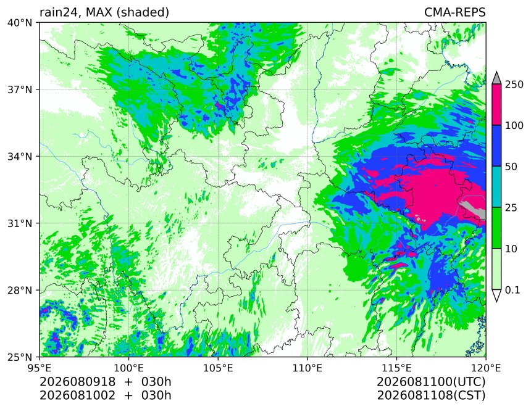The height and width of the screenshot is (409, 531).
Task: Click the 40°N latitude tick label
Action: pyautogui.click(x=20, y=23)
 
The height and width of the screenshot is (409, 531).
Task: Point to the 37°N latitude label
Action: pyautogui.click(x=20, y=90)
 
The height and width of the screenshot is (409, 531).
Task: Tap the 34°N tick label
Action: pyautogui.click(x=20, y=157)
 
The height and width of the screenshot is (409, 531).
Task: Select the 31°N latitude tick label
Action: pyautogui.click(x=20, y=223)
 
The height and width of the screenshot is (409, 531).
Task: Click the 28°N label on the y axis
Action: pyautogui.click(x=20, y=291)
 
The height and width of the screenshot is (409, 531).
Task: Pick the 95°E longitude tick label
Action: pyautogui.click(x=40, y=368)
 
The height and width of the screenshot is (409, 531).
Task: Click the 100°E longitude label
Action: pyautogui.click(x=129, y=368)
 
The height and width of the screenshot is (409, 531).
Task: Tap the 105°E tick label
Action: pyautogui.click(x=218, y=368)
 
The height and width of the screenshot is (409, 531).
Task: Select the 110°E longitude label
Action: pyautogui.click(x=307, y=368)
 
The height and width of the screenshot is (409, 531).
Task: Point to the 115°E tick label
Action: pyautogui.click(x=396, y=368)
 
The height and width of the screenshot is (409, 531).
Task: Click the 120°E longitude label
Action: pyautogui.click(x=486, y=368)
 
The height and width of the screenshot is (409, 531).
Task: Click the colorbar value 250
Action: pyautogui.click(x=514, y=85)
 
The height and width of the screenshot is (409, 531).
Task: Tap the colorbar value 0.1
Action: pyautogui.click(x=512, y=290)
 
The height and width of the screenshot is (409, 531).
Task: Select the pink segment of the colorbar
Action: pyautogui.click(x=496, y=104)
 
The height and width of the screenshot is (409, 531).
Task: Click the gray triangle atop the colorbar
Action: pyautogui.click(x=496, y=78)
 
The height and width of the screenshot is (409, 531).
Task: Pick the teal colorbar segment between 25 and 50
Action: pyautogui.click(x=496, y=187)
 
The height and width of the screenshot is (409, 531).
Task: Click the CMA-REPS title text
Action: pyautogui.click(x=455, y=12)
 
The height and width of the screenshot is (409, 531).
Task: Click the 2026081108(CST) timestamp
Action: pyautogui.click(x=431, y=395)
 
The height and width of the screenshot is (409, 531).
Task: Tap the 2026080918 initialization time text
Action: pyautogui.click(x=78, y=382)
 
